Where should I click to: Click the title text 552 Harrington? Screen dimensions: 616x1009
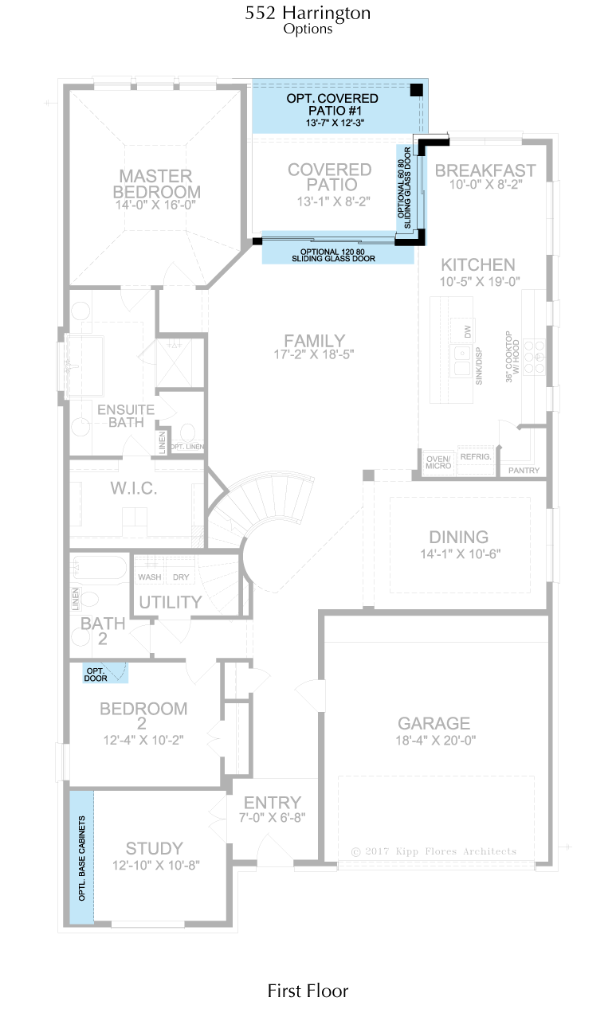click(308, 13)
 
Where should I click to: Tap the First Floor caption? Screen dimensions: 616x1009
click(308, 991)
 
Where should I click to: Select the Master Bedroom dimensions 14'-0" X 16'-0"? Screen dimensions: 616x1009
click(155, 205)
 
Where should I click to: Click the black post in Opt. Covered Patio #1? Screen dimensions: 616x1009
click(416, 90)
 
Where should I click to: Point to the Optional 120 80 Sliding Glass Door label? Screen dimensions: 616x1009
click(333, 255)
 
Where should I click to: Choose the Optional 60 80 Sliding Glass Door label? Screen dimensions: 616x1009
click(404, 188)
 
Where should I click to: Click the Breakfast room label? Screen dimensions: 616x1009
click(485, 170)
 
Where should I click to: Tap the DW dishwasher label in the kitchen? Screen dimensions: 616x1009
click(467, 332)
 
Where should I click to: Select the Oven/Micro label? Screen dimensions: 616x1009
click(438, 463)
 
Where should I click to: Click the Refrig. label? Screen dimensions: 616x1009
click(476, 457)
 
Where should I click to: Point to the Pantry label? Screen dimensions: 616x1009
click(524, 471)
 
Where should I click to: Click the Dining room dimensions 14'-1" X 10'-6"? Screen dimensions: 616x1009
click(461, 553)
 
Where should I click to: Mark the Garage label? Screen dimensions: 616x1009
click(434, 723)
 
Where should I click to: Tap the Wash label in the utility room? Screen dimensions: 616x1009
click(150, 577)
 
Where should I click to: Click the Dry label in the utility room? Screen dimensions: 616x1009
click(181, 577)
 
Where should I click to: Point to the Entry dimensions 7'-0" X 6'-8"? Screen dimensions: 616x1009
click(273, 817)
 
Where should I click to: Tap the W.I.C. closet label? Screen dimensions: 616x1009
click(134, 488)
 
